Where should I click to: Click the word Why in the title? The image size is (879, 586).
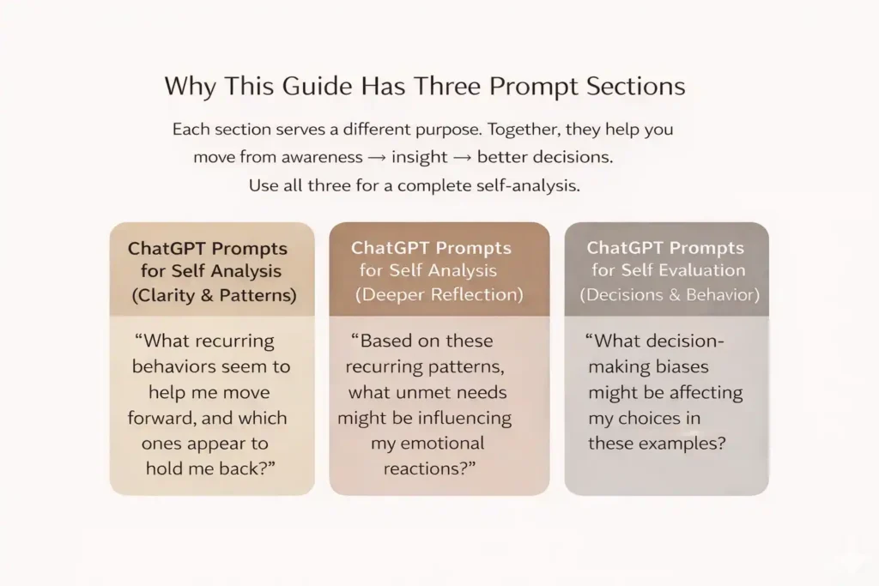click(190, 88)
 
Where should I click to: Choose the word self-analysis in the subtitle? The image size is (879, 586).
click(527, 185)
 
